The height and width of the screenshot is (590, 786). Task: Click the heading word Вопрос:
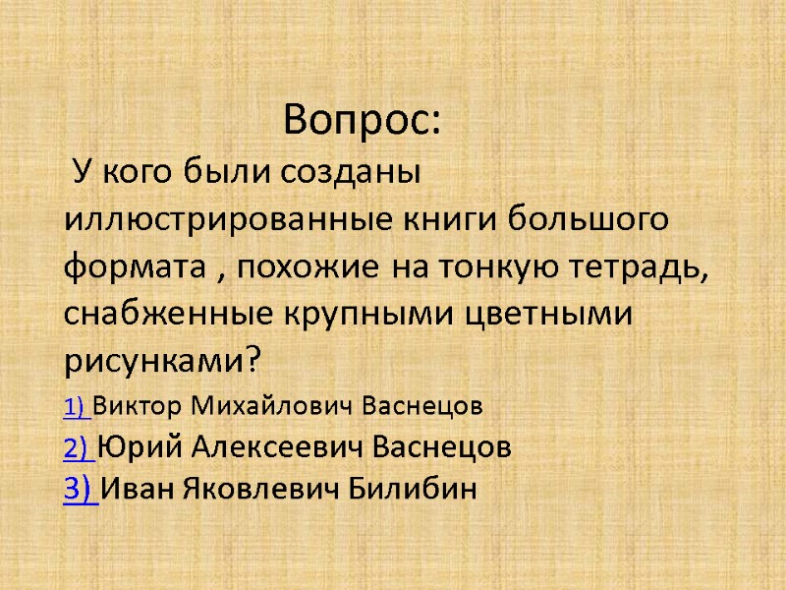click(363, 121)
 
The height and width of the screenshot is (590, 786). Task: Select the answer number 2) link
click(81, 448)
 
